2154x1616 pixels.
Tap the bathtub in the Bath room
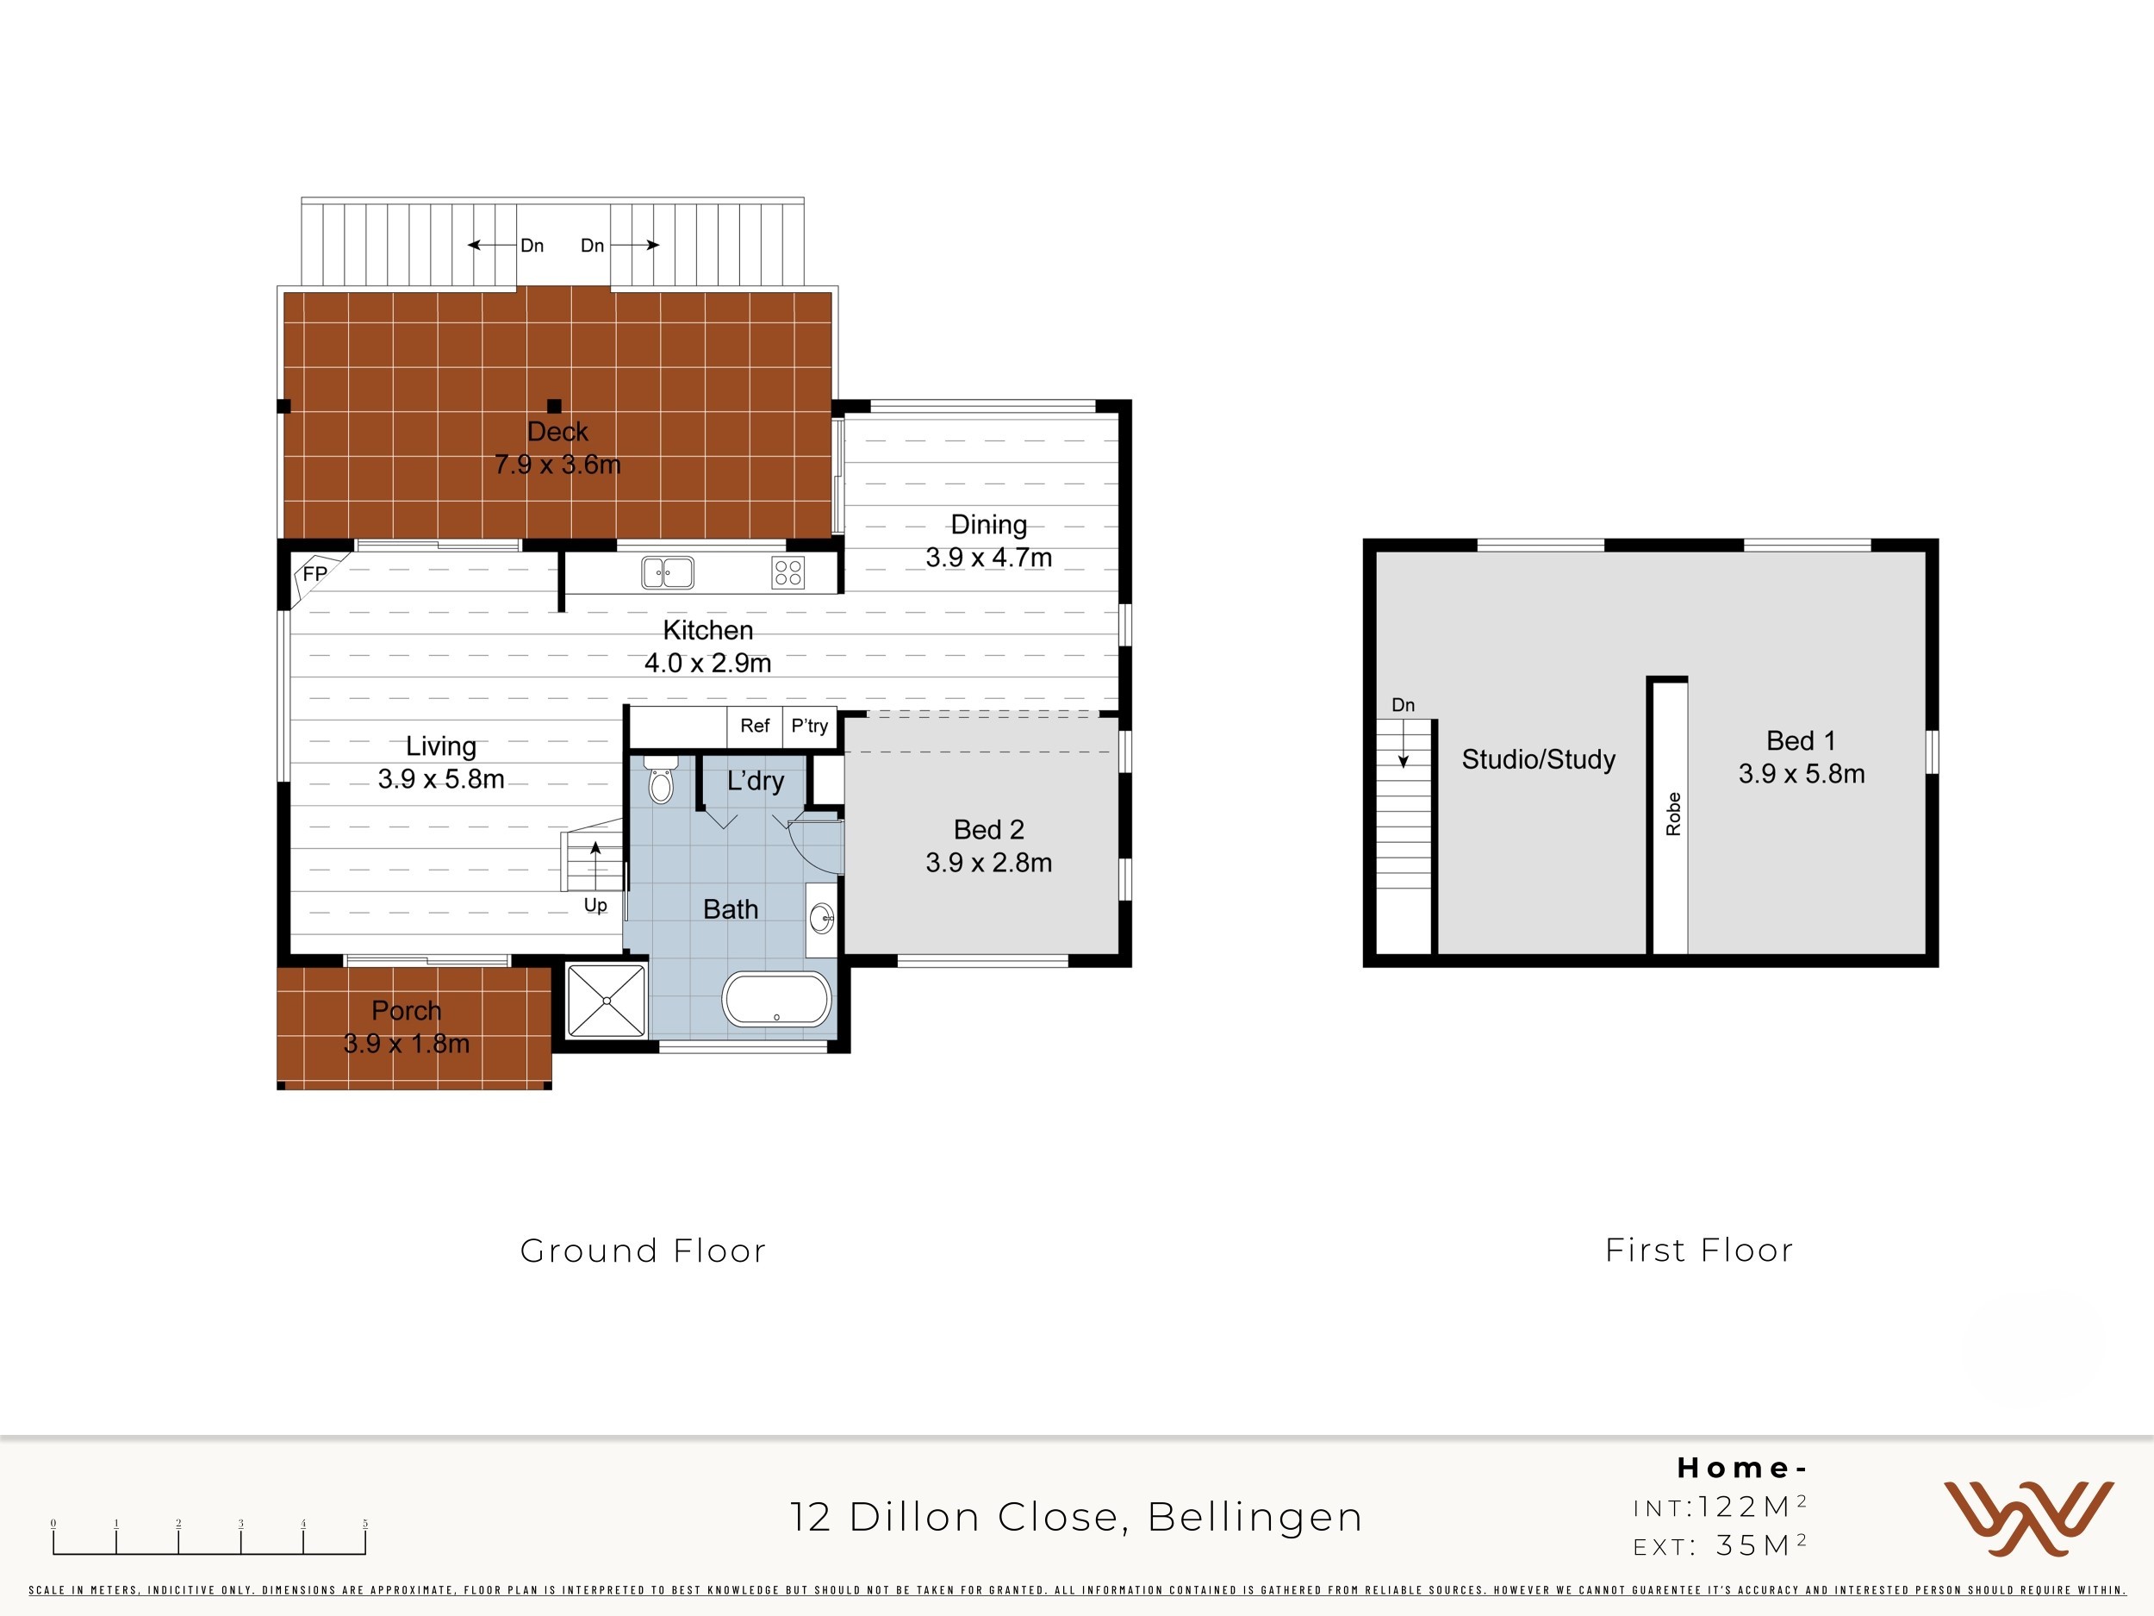tap(776, 998)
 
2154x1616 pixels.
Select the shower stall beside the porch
tap(606, 1001)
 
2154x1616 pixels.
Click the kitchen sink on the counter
tap(667, 573)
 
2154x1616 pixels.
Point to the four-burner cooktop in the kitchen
tap(788, 573)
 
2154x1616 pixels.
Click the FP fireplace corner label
tap(314, 574)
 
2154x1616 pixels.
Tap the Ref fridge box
tap(755, 726)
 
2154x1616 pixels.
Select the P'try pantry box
tap(809, 726)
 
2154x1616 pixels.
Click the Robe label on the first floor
tap(1673, 814)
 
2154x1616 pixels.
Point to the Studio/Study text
tap(1539, 760)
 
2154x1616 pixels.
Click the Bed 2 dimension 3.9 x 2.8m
tap(988, 863)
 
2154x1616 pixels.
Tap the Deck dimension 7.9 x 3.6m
tap(557, 465)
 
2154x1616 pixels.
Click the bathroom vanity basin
tap(822, 917)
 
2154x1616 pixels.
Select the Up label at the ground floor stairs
tap(595, 906)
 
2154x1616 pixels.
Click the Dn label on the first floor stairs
tap(1404, 705)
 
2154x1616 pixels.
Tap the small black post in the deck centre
tap(554, 406)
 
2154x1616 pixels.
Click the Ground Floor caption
tap(643, 1251)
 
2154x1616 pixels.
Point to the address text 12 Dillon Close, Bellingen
tap(1076, 1517)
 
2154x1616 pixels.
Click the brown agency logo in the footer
tap(2028, 1519)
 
